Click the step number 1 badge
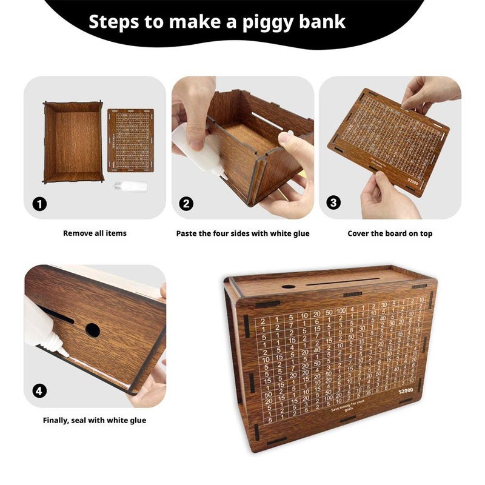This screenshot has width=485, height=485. click(x=40, y=204)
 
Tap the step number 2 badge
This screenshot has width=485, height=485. click(x=187, y=204)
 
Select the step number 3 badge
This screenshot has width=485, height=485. click(x=333, y=203)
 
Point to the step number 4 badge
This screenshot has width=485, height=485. click(x=40, y=391)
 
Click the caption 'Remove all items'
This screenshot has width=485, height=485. click(x=95, y=233)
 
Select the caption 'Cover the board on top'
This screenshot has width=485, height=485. click(x=390, y=233)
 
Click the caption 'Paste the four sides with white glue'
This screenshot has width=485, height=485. click(x=242, y=233)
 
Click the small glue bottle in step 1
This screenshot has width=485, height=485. click(x=131, y=186)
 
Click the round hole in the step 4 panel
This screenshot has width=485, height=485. click(x=93, y=330)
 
